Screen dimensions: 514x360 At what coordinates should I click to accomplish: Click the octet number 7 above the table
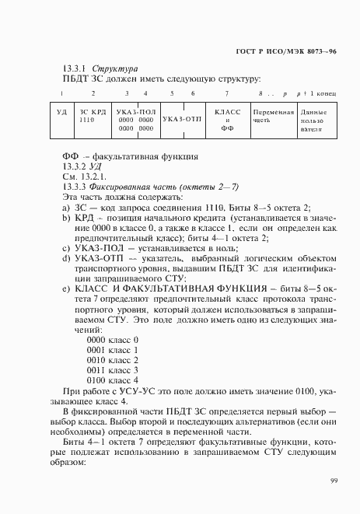point(227,94)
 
